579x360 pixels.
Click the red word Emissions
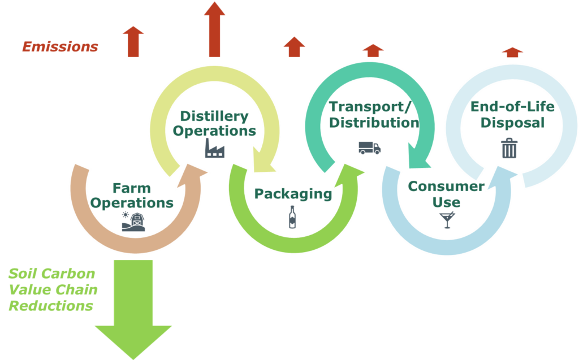60,47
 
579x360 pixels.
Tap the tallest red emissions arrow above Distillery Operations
214,29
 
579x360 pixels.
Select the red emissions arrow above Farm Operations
133,42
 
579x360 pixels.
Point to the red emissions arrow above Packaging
294,47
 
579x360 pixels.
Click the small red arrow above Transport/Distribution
373,51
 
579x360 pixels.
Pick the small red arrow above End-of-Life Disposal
512,53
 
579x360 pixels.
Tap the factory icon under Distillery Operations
215,148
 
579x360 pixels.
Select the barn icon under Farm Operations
133,222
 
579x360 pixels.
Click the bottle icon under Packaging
292,217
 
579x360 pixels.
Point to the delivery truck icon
370,148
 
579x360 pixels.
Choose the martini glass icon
447,220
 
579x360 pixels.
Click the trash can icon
509,148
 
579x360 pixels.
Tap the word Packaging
293,194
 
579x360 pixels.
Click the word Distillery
214,116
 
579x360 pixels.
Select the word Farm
132,188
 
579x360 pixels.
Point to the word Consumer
446,186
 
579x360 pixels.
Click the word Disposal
512,123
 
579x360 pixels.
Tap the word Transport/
370,107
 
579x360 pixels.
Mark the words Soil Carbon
51,274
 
